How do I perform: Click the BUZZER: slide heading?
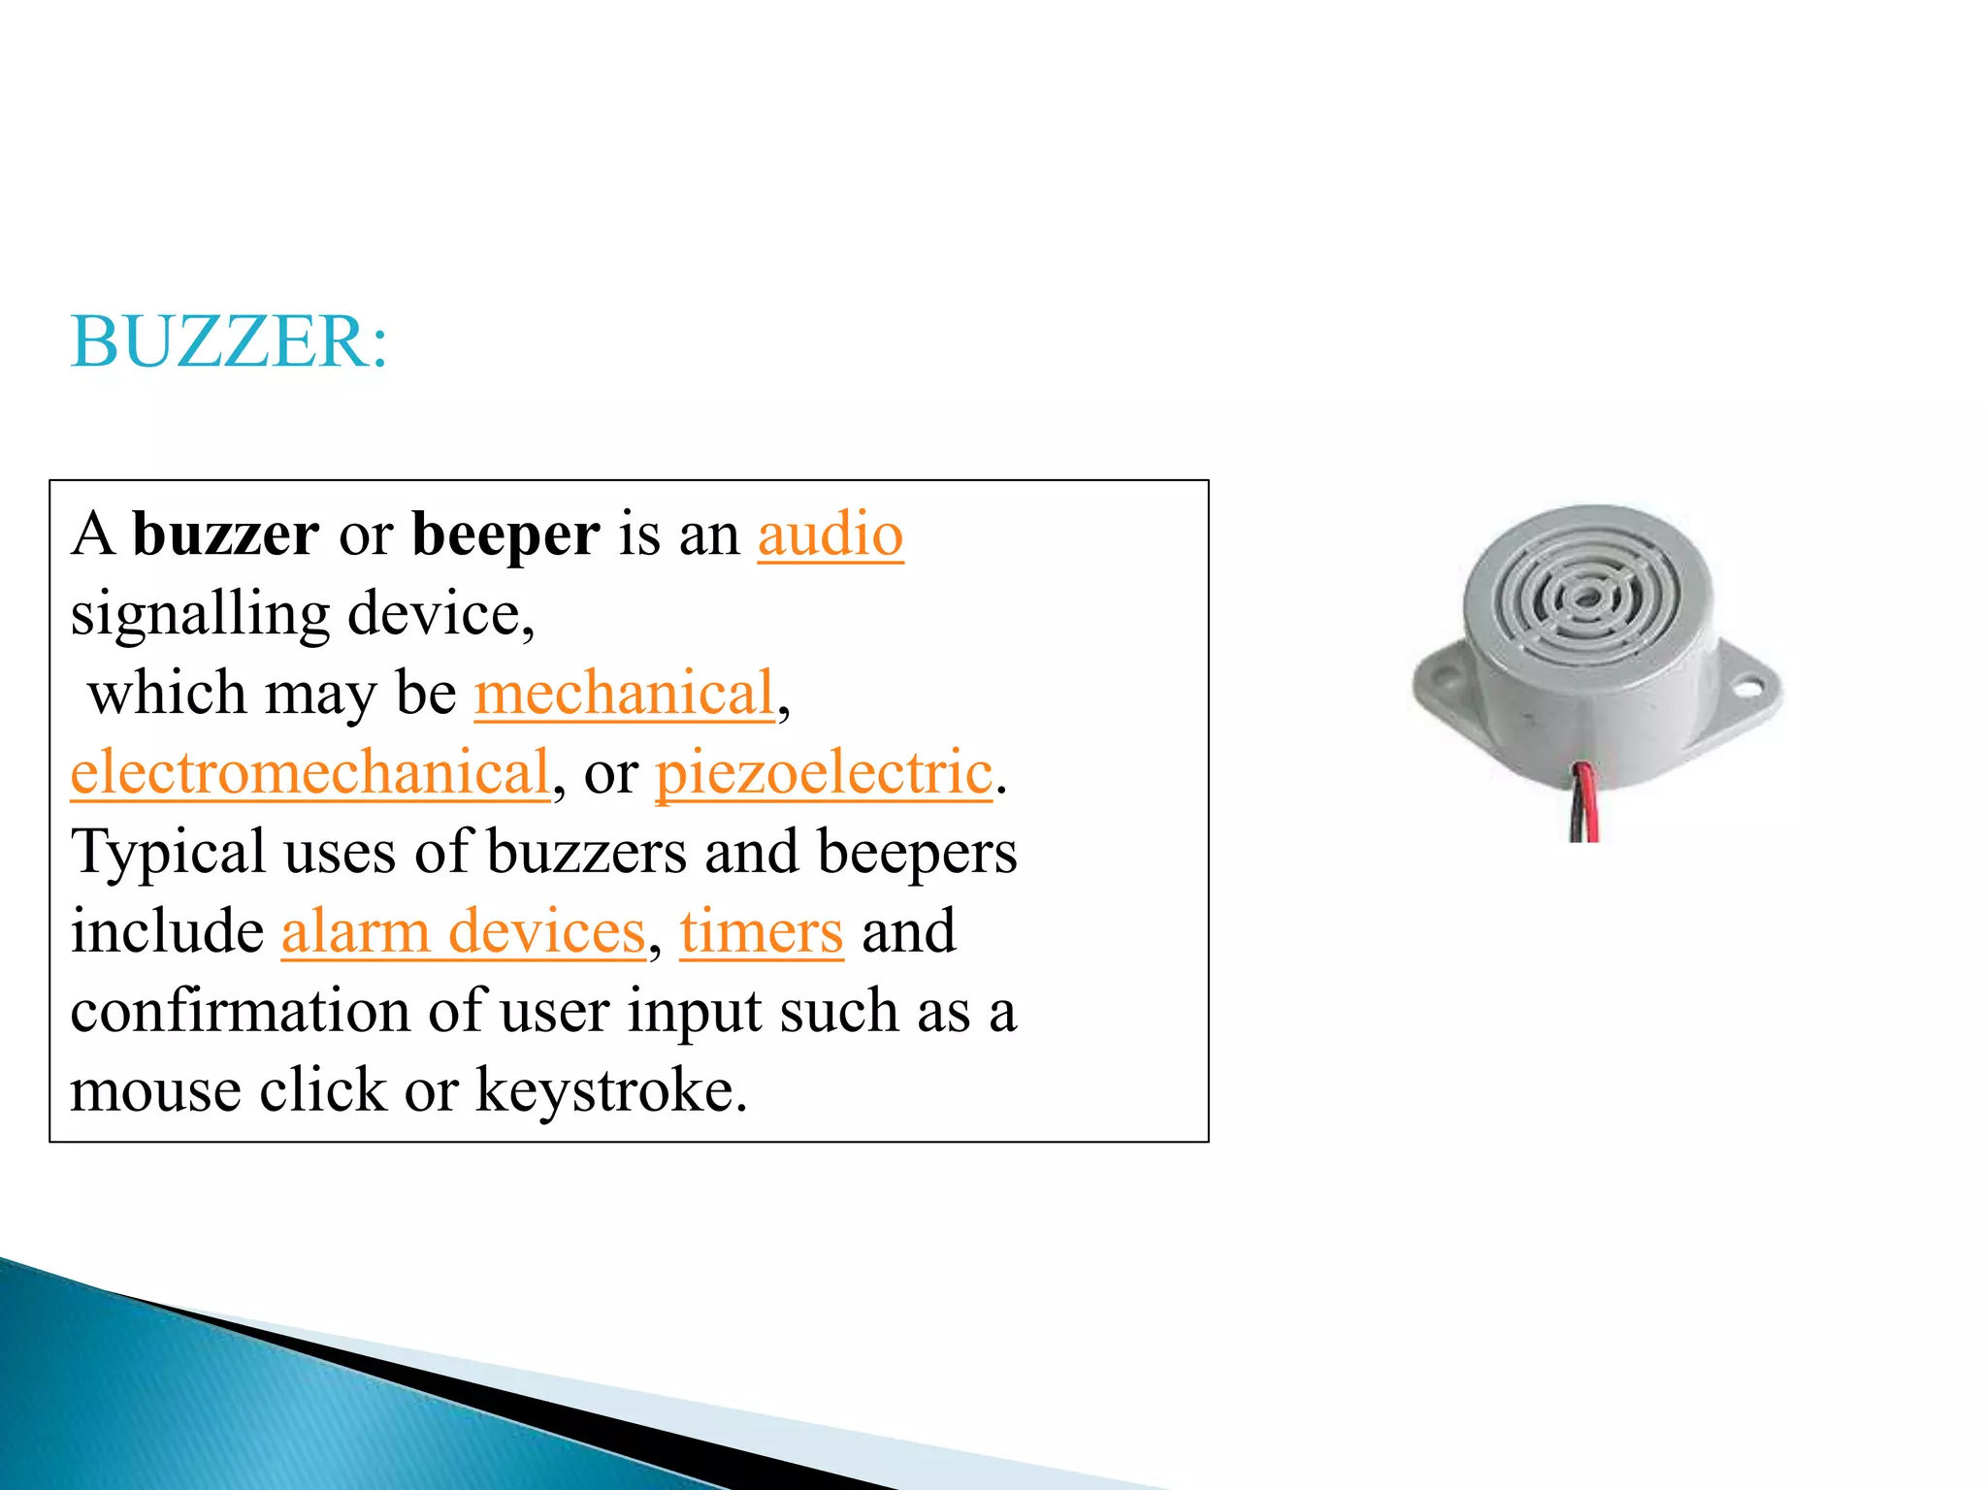pos(229,342)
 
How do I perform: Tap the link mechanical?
pos(625,694)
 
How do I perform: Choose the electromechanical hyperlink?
pos(310,773)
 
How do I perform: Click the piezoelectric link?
pos(824,773)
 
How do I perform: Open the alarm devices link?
pos(463,932)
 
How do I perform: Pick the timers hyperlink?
pos(761,932)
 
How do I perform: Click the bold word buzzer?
pos(225,534)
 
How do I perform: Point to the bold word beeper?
pos(505,534)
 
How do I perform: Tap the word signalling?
pos(201,615)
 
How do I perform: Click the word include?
pos(167,932)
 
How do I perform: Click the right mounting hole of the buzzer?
pos(1747,691)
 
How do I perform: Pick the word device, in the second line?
pos(440,615)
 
